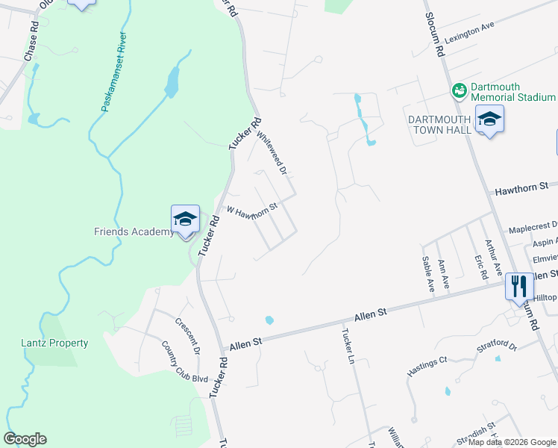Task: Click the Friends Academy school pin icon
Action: tap(185, 220)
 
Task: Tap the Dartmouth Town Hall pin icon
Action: tap(489, 119)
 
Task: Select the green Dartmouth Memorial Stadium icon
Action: tap(459, 90)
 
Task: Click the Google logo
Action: tap(25, 439)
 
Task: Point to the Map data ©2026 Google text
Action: tap(512, 442)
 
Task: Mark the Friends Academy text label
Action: tap(134, 231)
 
